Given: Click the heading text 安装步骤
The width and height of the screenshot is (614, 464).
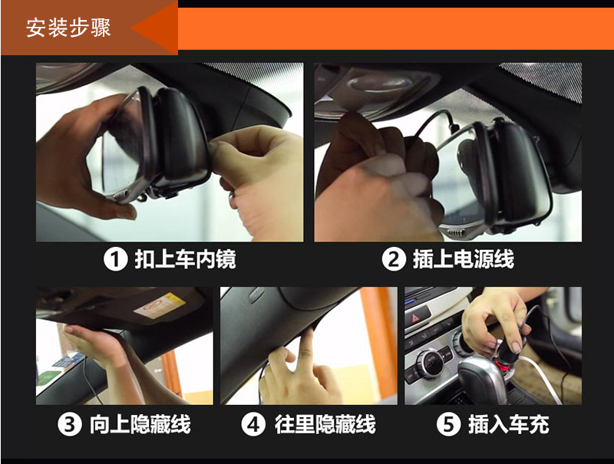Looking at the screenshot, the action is point(68,28).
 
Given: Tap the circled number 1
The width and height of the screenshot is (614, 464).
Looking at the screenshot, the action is point(116,259).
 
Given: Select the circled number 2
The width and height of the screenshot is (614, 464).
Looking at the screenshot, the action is point(394,259).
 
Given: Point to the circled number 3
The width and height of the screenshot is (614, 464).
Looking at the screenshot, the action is point(70,424).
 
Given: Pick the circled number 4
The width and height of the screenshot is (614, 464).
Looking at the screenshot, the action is point(253,424).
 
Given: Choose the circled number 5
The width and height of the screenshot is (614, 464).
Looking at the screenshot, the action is point(448,424).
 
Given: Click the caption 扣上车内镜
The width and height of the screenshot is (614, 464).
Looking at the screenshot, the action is point(185,259).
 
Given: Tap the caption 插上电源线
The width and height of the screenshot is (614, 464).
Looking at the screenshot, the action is point(464,259).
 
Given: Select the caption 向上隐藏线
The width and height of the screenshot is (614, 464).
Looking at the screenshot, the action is point(140,424).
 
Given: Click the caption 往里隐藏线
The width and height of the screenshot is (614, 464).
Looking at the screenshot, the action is point(325,424).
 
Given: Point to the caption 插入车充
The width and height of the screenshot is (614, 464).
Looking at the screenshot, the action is point(509,424).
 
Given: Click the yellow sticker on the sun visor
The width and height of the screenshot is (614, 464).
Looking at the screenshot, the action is point(160,305).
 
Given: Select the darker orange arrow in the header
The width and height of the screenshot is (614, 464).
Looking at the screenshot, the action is point(154,28).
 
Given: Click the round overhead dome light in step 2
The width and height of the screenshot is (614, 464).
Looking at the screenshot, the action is point(379,84).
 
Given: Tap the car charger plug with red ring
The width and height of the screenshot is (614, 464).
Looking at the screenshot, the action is point(507,358).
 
